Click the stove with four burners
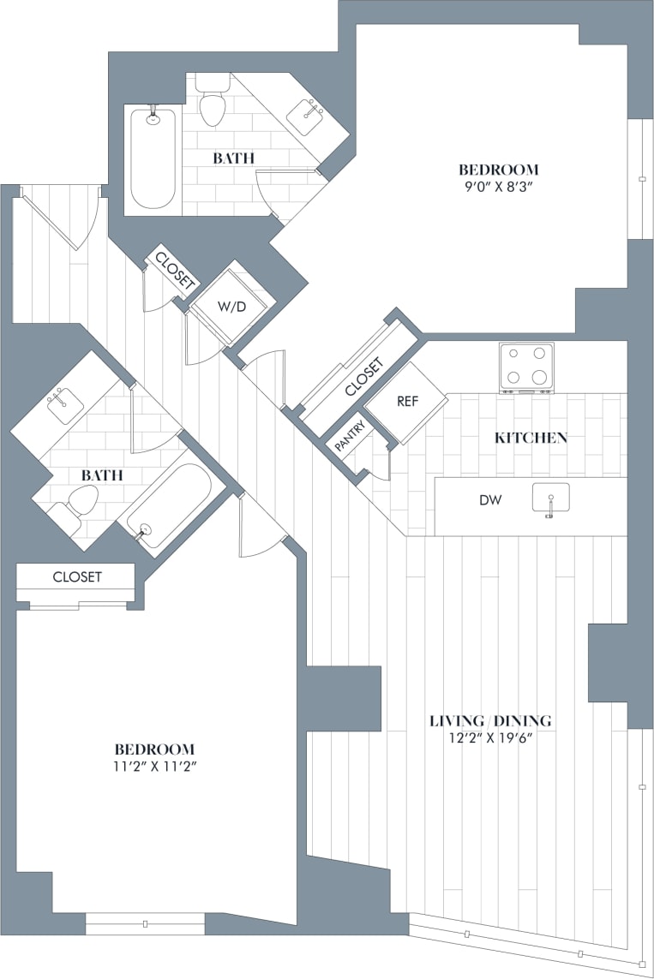coord(526,367)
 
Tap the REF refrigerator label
coord(407,400)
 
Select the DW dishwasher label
coord(490,498)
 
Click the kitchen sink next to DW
coord(549,498)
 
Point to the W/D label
coord(229,307)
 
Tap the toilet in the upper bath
coord(212,102)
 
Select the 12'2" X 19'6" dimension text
coord(490,739)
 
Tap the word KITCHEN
coord(531,438)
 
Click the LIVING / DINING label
coord(490,720)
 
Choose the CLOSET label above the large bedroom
coord(77,577)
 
